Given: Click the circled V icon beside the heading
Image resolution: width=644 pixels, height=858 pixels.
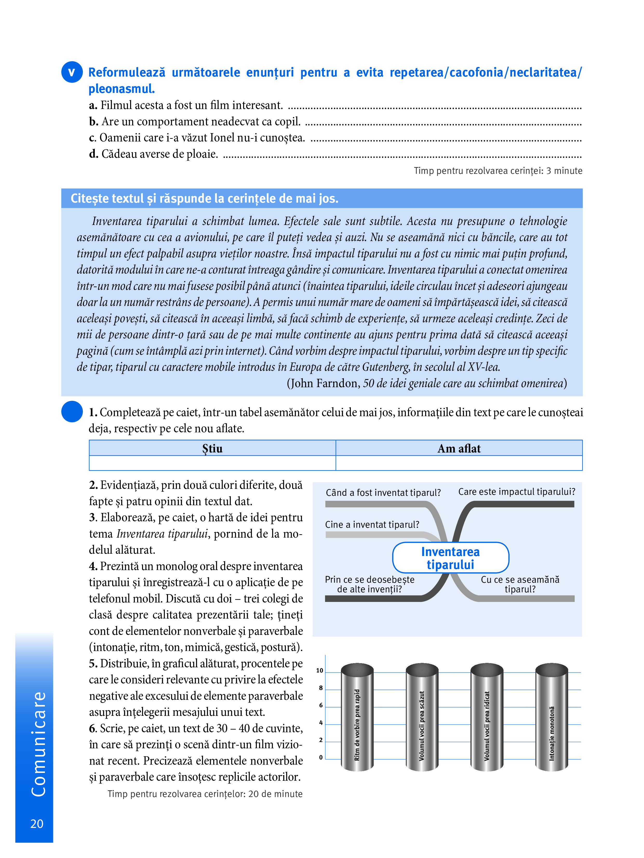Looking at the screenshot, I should tap(72, 72).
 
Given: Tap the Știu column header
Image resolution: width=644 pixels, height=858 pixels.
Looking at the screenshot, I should tap(212, 448).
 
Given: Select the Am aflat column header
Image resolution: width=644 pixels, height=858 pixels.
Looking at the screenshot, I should tap(459, 448).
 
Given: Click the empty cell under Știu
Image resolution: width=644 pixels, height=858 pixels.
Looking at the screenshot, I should tap(212, 463).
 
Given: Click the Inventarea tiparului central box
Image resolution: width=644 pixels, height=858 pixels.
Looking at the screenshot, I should tap(450, 558).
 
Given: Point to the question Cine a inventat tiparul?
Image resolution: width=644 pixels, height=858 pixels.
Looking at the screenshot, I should tap(372, 524).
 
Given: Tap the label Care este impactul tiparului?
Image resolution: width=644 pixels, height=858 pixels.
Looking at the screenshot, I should tap(516, 492).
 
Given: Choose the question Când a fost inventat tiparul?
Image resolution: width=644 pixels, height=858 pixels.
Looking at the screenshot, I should tap(383, 493).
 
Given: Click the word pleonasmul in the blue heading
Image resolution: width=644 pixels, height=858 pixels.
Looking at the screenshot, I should tap(122, 89).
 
